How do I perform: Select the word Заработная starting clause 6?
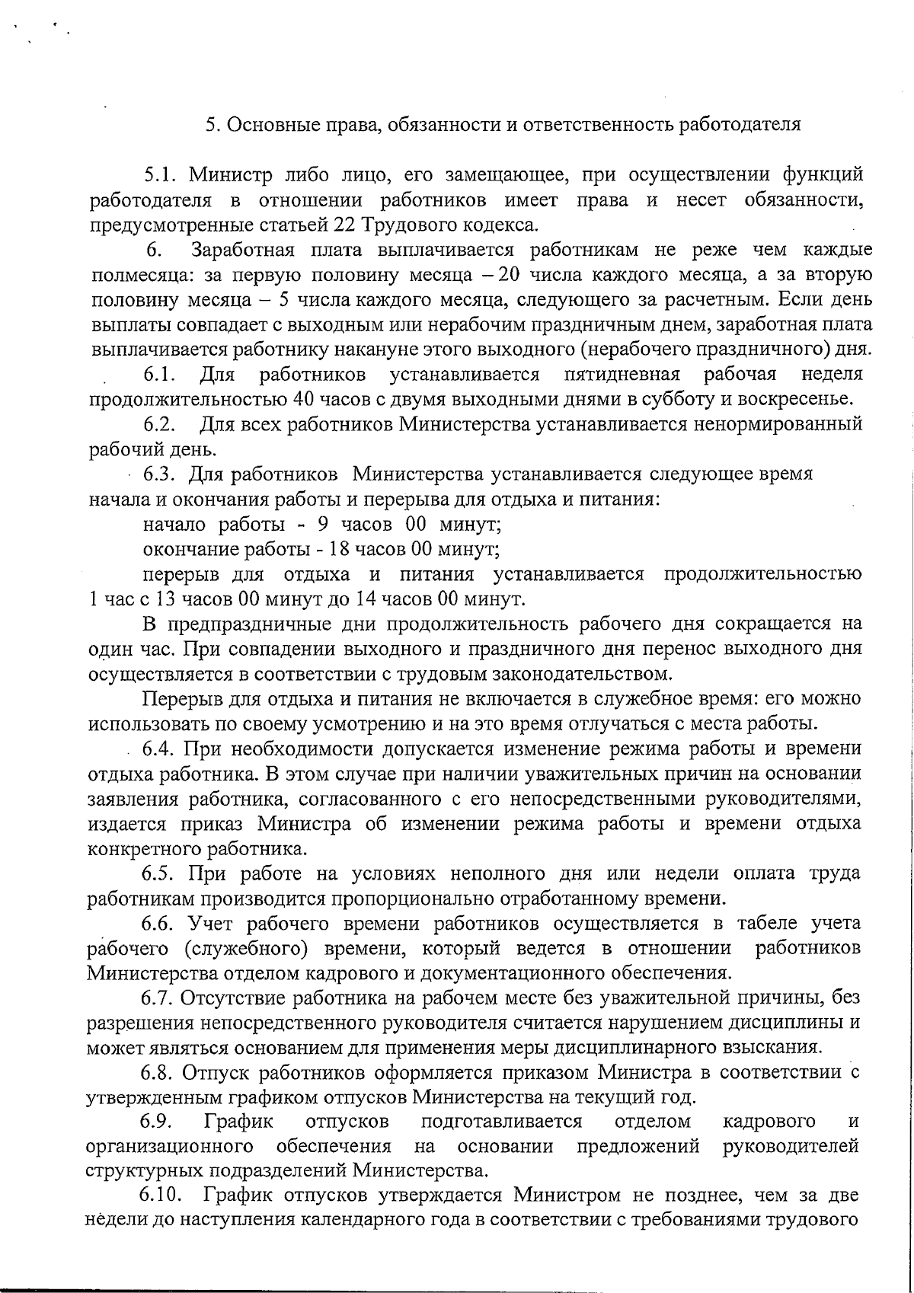tap(238, 250)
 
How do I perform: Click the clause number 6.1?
tap(161, 375)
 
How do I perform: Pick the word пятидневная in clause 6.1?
tap(622, 375)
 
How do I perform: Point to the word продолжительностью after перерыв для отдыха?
tap(764, 573)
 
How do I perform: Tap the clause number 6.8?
tap(160, 1073)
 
